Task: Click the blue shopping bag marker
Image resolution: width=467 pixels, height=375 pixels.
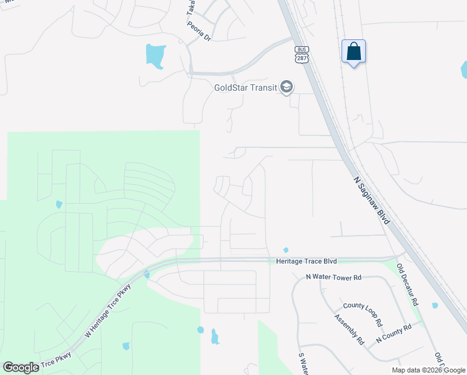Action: click(353, 52)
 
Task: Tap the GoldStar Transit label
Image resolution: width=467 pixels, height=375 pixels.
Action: click(245, 87)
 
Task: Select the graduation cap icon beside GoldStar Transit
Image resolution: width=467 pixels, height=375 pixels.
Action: click(287, 87)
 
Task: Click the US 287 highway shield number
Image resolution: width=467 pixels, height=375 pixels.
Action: click(303, 57)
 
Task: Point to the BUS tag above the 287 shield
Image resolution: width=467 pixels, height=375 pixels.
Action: click(303, 49)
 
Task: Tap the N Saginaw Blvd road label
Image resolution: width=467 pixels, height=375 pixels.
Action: click(373, 201)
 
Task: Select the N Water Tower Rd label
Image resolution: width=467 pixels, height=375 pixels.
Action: click(333, 276)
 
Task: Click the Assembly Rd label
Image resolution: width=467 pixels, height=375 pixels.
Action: click(349, 329)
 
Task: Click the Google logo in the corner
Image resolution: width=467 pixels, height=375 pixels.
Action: click(21, 367)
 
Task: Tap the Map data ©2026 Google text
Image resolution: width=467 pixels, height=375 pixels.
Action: click(428, 370)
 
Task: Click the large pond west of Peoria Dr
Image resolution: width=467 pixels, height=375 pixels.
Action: click(155, 56)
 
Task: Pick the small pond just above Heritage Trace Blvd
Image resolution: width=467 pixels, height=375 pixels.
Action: click(285, 251)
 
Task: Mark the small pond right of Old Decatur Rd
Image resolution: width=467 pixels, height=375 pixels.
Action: click(435, 306)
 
